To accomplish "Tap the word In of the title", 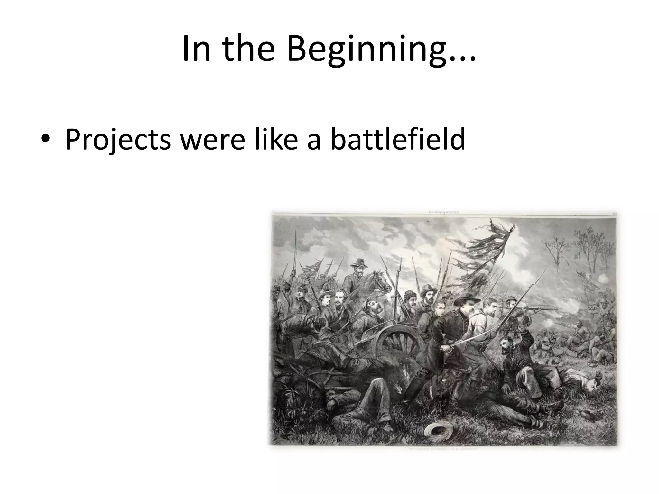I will tap(196, 49).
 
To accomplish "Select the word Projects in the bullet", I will tap(118, 140).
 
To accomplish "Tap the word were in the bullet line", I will tap(212, 140).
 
